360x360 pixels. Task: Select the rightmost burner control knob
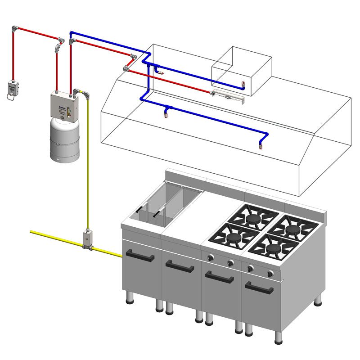[270, 273]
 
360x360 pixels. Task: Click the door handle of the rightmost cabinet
[259, 288]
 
